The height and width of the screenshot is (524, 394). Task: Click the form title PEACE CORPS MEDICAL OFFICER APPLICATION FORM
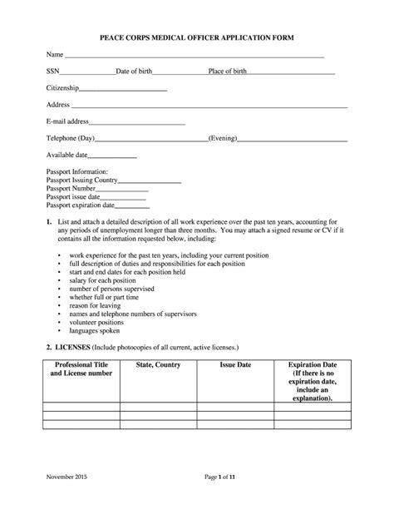[198, 38]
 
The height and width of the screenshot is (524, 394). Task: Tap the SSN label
[53, 72]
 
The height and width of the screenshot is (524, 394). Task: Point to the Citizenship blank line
[123, 89]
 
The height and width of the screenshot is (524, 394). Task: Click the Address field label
[58, 105]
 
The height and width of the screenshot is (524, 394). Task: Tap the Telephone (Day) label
[71, 138]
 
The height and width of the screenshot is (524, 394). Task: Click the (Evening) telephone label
[224, 138]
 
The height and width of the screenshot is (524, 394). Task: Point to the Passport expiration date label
[81, 205]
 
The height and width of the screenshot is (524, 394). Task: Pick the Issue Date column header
[235, 365]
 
